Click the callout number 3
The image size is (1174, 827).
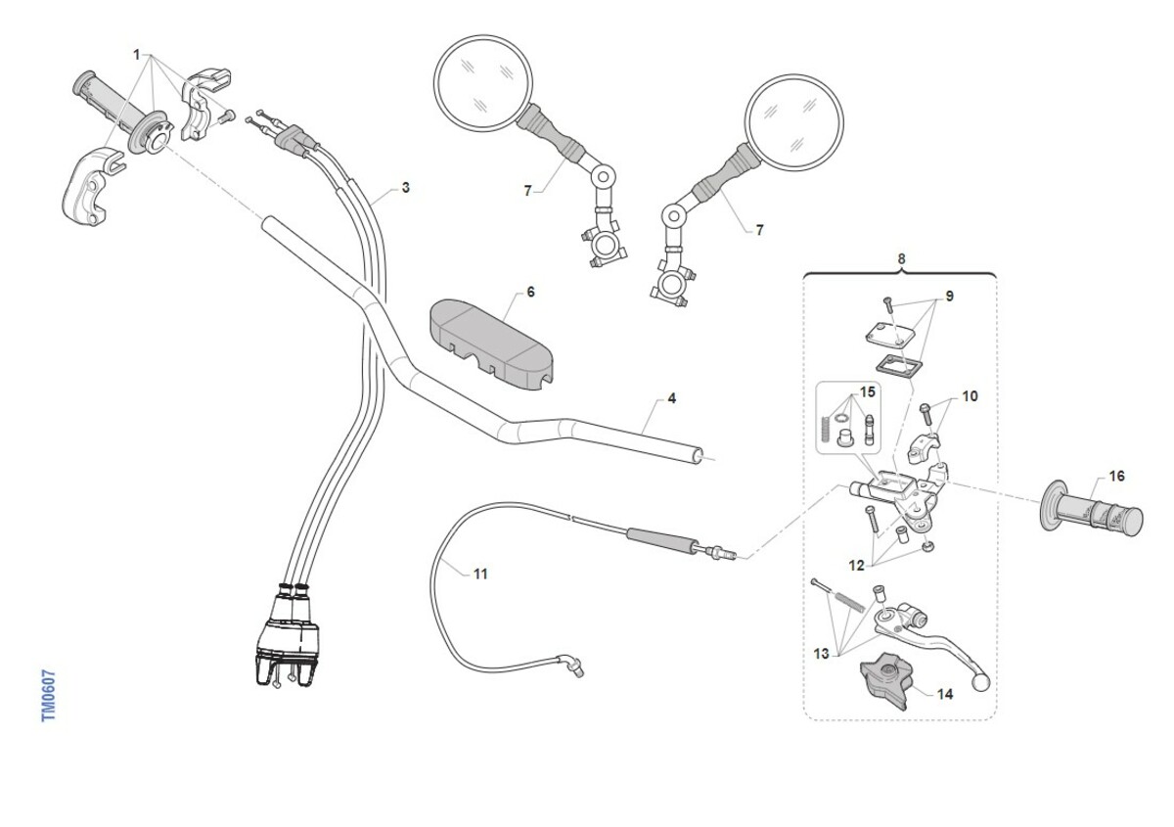[405, 187]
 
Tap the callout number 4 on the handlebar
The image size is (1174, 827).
[672, 398]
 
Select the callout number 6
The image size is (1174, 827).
[530, 292]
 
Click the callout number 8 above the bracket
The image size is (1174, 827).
[901, 258]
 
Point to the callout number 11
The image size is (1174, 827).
[479, 574]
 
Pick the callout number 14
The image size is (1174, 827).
[944, 694]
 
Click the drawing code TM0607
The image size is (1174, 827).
[49, 696]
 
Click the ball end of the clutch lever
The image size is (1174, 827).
[982, 682]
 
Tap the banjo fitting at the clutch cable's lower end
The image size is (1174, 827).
[571, 666]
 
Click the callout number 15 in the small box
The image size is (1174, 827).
[867, 392]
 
